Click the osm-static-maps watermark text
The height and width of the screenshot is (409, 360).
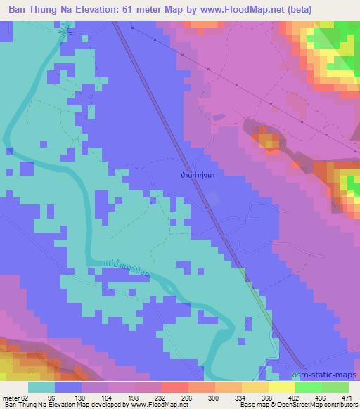(328, 376)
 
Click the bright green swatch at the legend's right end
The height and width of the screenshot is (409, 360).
(336, 387)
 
